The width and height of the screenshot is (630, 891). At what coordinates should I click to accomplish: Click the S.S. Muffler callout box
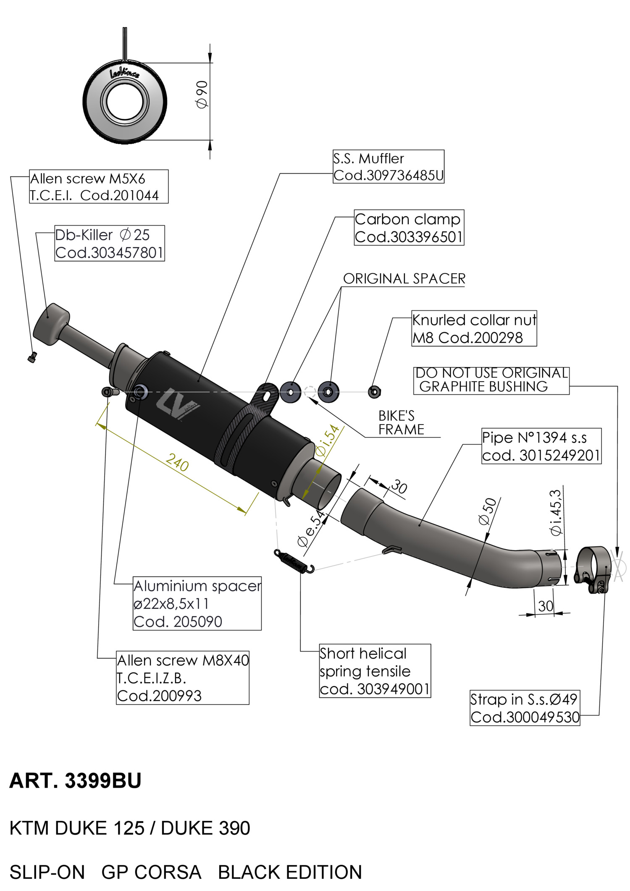pyautogui.click(x=388, y=167)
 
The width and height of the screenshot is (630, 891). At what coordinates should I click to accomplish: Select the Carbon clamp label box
pyautogui.click(x=409, y=228)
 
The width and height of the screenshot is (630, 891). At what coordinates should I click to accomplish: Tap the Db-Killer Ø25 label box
pyautogui.click(x=109, y=244)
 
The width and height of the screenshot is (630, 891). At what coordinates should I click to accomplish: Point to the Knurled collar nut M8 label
pyautogui.click(x=474, y=329)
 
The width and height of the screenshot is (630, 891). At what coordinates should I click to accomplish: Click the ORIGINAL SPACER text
pyautogui.click(x=404, y=279)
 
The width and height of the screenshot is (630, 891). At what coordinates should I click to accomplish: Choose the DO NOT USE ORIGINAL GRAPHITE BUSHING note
pyautogui.click(x=491, y=380)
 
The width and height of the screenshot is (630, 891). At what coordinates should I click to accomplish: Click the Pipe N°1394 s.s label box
pyautogui.click(x=541, y=446)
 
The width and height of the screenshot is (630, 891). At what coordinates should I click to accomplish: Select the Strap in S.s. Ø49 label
pyautogui.click(x=525, y=708)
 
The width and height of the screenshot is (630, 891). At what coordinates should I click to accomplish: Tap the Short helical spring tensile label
pyautogui.click(x=375, y=671)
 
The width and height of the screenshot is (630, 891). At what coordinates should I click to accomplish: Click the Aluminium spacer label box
pyautogui.click(x=197, y=603)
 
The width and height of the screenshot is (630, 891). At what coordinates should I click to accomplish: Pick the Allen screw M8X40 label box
pyautogui.click(x=182, y=678)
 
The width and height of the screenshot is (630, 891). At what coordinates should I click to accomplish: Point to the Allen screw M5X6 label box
pyautogui.click(x=98, y=187)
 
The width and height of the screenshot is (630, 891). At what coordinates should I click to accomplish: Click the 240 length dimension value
pyautogui.click(x=177, y=462)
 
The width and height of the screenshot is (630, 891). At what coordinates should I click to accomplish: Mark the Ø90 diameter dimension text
pyautogui.click(x=202, y=94)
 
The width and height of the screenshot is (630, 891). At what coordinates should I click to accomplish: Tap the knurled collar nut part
pyautogui.click(x=374, y=392)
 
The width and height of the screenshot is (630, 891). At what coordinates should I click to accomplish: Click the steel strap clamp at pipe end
pyautogui.click(x=594, y=569)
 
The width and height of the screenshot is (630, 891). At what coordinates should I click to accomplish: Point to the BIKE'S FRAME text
pyautogui.click(x=401, y=423)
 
